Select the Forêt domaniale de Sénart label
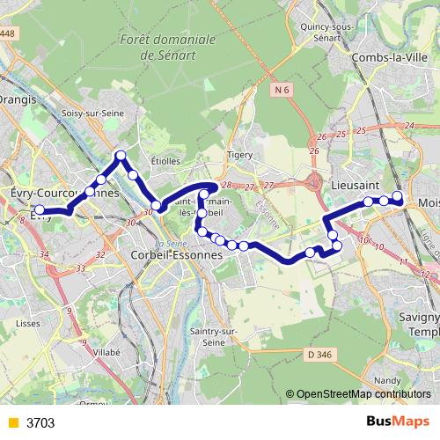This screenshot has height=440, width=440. pos(166,47)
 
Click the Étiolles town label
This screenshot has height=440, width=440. pos(165,161)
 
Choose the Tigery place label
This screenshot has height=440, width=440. pos(239,155)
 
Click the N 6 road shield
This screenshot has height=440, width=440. pos(281,90)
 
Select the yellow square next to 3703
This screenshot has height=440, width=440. pos(11,422)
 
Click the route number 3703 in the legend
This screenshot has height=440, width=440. pos(41,422)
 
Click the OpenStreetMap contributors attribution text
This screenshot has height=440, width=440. pos(363,394)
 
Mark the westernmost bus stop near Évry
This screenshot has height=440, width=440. pos(39,209)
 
